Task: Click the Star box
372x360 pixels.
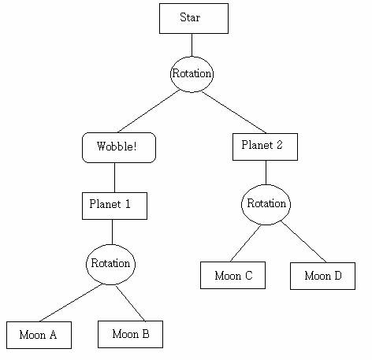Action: click(x=194, y=18)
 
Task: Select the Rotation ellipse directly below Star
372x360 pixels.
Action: click(x=192, y=74)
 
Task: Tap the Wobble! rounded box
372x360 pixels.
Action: click(x=119, y=147)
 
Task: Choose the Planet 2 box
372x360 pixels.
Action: click(x=265, y=147)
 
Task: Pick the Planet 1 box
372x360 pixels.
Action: click(x=114, y=206)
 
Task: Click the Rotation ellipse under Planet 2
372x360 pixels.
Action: click(x=266, y=205)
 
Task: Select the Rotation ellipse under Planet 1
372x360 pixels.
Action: click(x=110, y=265)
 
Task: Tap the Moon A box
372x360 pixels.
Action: click(x=39, y=335)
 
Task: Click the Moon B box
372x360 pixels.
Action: click(x=130, y=334)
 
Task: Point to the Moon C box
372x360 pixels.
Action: click(x=232, y=275)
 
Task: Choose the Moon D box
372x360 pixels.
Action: click(x=322, y=276)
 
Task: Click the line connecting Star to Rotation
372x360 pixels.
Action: click(x=192, y=45)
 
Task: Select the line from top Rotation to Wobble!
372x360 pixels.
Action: click(x=149, y=111)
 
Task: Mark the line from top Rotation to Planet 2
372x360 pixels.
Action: click(x=234, y=112)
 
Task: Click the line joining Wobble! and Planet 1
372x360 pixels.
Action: click(x=114, y=177)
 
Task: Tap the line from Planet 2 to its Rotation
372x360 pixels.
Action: click(x=266, y=173)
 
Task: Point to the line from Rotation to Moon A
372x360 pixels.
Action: click(x=71, y=302)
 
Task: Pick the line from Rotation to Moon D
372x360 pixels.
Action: click(x=303, y=242)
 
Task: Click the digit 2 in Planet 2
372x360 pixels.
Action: click(x=279, y=145)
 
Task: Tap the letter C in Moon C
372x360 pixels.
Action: click(x=248, y=276)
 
